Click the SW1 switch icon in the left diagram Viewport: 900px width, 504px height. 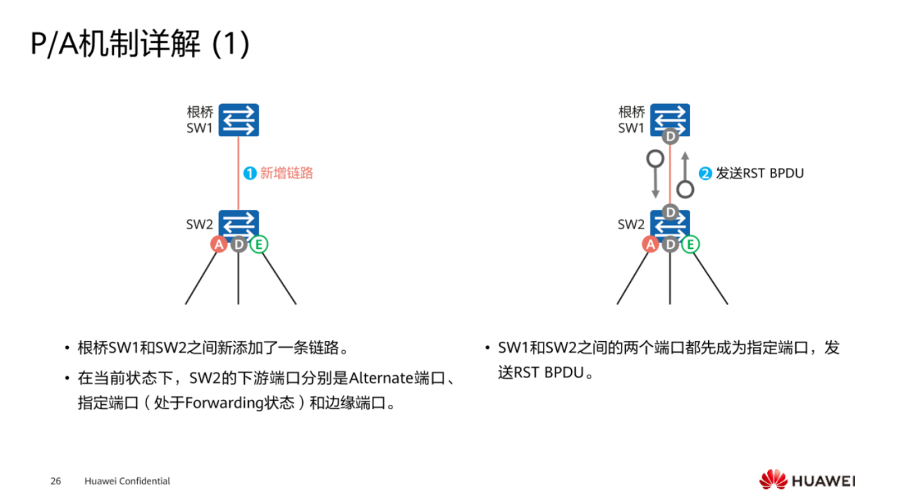(238, 119)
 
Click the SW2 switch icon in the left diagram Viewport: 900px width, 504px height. (238, 225)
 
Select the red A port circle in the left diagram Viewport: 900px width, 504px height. (219, 245)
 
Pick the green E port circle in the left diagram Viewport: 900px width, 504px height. (259, 245)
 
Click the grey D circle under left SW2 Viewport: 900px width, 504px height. (239, 245)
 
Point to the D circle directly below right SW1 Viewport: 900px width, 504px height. (670, 136)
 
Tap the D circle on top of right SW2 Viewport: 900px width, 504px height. (670, 212)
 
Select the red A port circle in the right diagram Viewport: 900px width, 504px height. (650, 245)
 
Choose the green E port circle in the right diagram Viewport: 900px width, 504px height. (690, 245)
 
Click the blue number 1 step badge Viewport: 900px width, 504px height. (250, 173)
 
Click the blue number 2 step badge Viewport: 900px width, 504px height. (705, 173)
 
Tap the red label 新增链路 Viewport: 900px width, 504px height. (286, 173)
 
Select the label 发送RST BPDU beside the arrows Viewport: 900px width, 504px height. (759, 173)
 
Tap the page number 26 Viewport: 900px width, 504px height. (56, 482)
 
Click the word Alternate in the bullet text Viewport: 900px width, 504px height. (381, 378)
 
